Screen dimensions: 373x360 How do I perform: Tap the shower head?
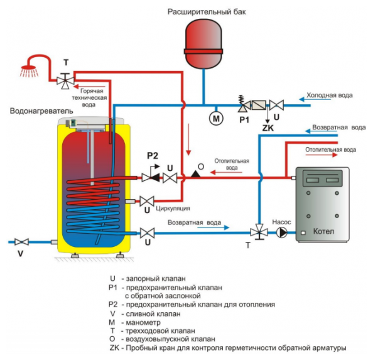[30, 71]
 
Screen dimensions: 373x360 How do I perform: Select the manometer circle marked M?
[216, 118]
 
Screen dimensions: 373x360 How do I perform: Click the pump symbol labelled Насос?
[282, 232]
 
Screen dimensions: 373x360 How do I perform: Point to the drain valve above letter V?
[21, 242]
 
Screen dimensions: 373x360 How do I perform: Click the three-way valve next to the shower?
[65, 81]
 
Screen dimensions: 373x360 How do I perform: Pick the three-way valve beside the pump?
[259, 232]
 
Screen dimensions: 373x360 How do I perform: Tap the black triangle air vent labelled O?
[195, 174]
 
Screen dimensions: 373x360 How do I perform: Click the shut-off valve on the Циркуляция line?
[147, 201]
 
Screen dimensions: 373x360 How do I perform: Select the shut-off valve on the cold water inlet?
[276, 105]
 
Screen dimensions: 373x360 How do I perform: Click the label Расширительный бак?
[207, 12]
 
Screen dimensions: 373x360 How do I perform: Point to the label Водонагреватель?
[41, 111]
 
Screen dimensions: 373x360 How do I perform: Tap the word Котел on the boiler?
[323, 231]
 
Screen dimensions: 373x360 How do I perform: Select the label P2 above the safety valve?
[153, 156]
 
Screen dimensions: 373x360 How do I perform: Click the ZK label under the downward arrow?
[268, 128]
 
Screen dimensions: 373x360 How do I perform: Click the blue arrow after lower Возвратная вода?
[214, 227]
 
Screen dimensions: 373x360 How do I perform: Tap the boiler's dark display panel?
[322, 178]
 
